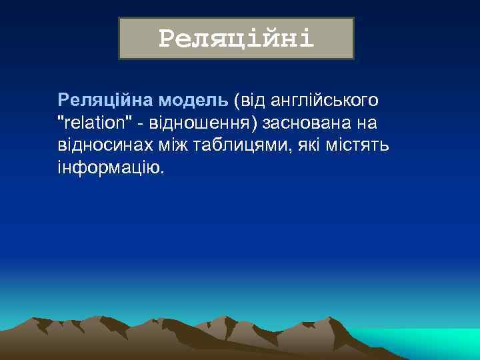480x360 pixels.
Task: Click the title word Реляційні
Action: click(x=236, y=39)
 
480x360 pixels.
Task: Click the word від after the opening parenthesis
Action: click(x=253, y=101)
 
